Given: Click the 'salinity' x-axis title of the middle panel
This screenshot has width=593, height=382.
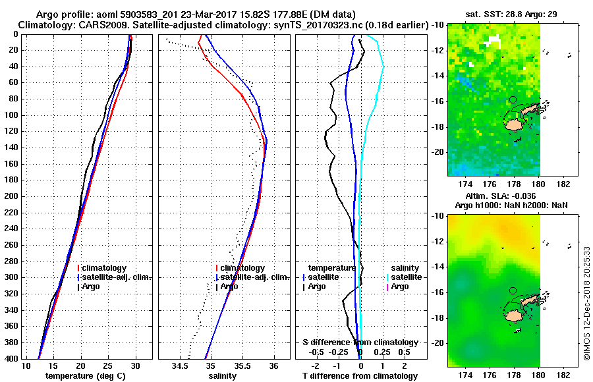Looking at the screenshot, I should tap(223, 376).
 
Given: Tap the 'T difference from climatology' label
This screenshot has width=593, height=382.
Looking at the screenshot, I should tap(360, 376).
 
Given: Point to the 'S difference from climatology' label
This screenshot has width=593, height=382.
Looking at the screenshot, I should tap(360, 342).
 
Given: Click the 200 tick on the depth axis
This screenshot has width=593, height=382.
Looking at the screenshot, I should tap(12, 196).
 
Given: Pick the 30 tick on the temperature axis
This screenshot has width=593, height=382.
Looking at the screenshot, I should tap(136, 365).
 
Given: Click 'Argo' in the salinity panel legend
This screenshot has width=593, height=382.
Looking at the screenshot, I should tap(229, 286).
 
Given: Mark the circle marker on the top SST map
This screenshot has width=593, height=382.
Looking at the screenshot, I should tap(513, 99).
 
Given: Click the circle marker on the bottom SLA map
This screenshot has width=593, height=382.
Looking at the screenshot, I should tap(513, 290).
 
